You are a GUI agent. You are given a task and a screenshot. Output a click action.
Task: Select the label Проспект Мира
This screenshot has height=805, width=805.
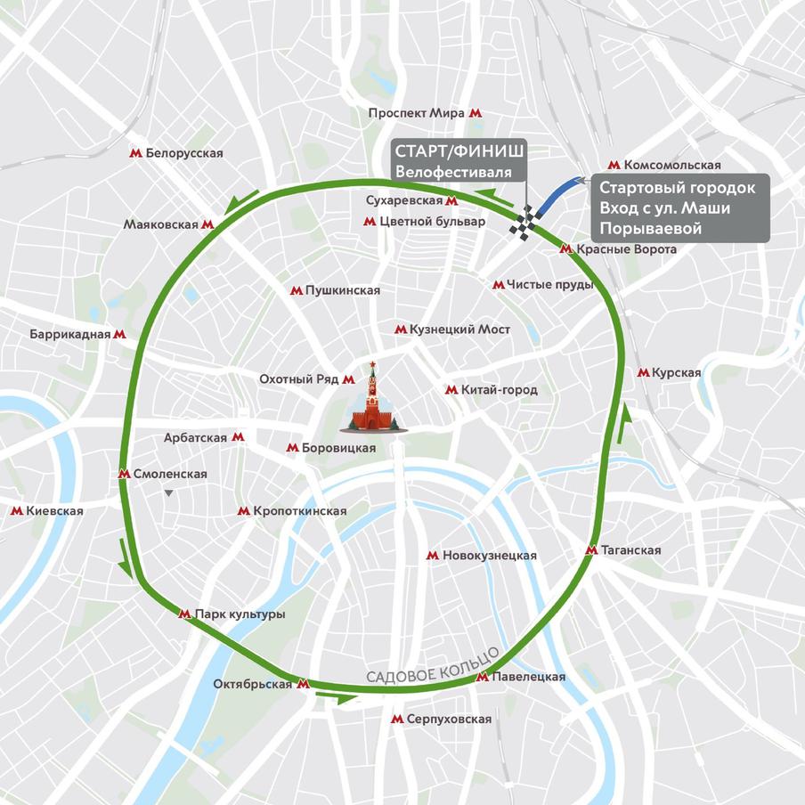[x=417, y=113]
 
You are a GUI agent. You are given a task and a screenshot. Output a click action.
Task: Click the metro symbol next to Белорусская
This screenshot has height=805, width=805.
[x=135, y=153]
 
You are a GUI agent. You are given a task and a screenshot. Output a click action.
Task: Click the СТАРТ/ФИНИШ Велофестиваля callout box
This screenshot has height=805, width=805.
[x=459, y=159]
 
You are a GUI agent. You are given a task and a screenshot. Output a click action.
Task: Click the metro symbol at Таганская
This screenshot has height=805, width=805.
[x=590, y=550]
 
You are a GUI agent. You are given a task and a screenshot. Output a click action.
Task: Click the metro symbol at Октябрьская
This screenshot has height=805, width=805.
[x=303, y=684]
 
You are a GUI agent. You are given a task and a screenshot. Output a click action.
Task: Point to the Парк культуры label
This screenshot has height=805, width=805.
[x=240, y=614]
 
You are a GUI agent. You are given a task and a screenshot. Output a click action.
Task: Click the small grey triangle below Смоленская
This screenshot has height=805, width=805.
[x=168, y=492]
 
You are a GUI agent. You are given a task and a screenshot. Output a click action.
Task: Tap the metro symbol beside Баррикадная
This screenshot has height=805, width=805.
[x=119, y=335]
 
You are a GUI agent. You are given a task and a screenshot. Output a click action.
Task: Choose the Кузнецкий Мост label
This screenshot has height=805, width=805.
[x=459, y=329]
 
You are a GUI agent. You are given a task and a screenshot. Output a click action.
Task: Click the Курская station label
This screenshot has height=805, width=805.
[x=676, y=373]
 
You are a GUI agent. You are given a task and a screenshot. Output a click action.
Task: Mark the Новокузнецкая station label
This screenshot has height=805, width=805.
[x=489, y=555]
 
